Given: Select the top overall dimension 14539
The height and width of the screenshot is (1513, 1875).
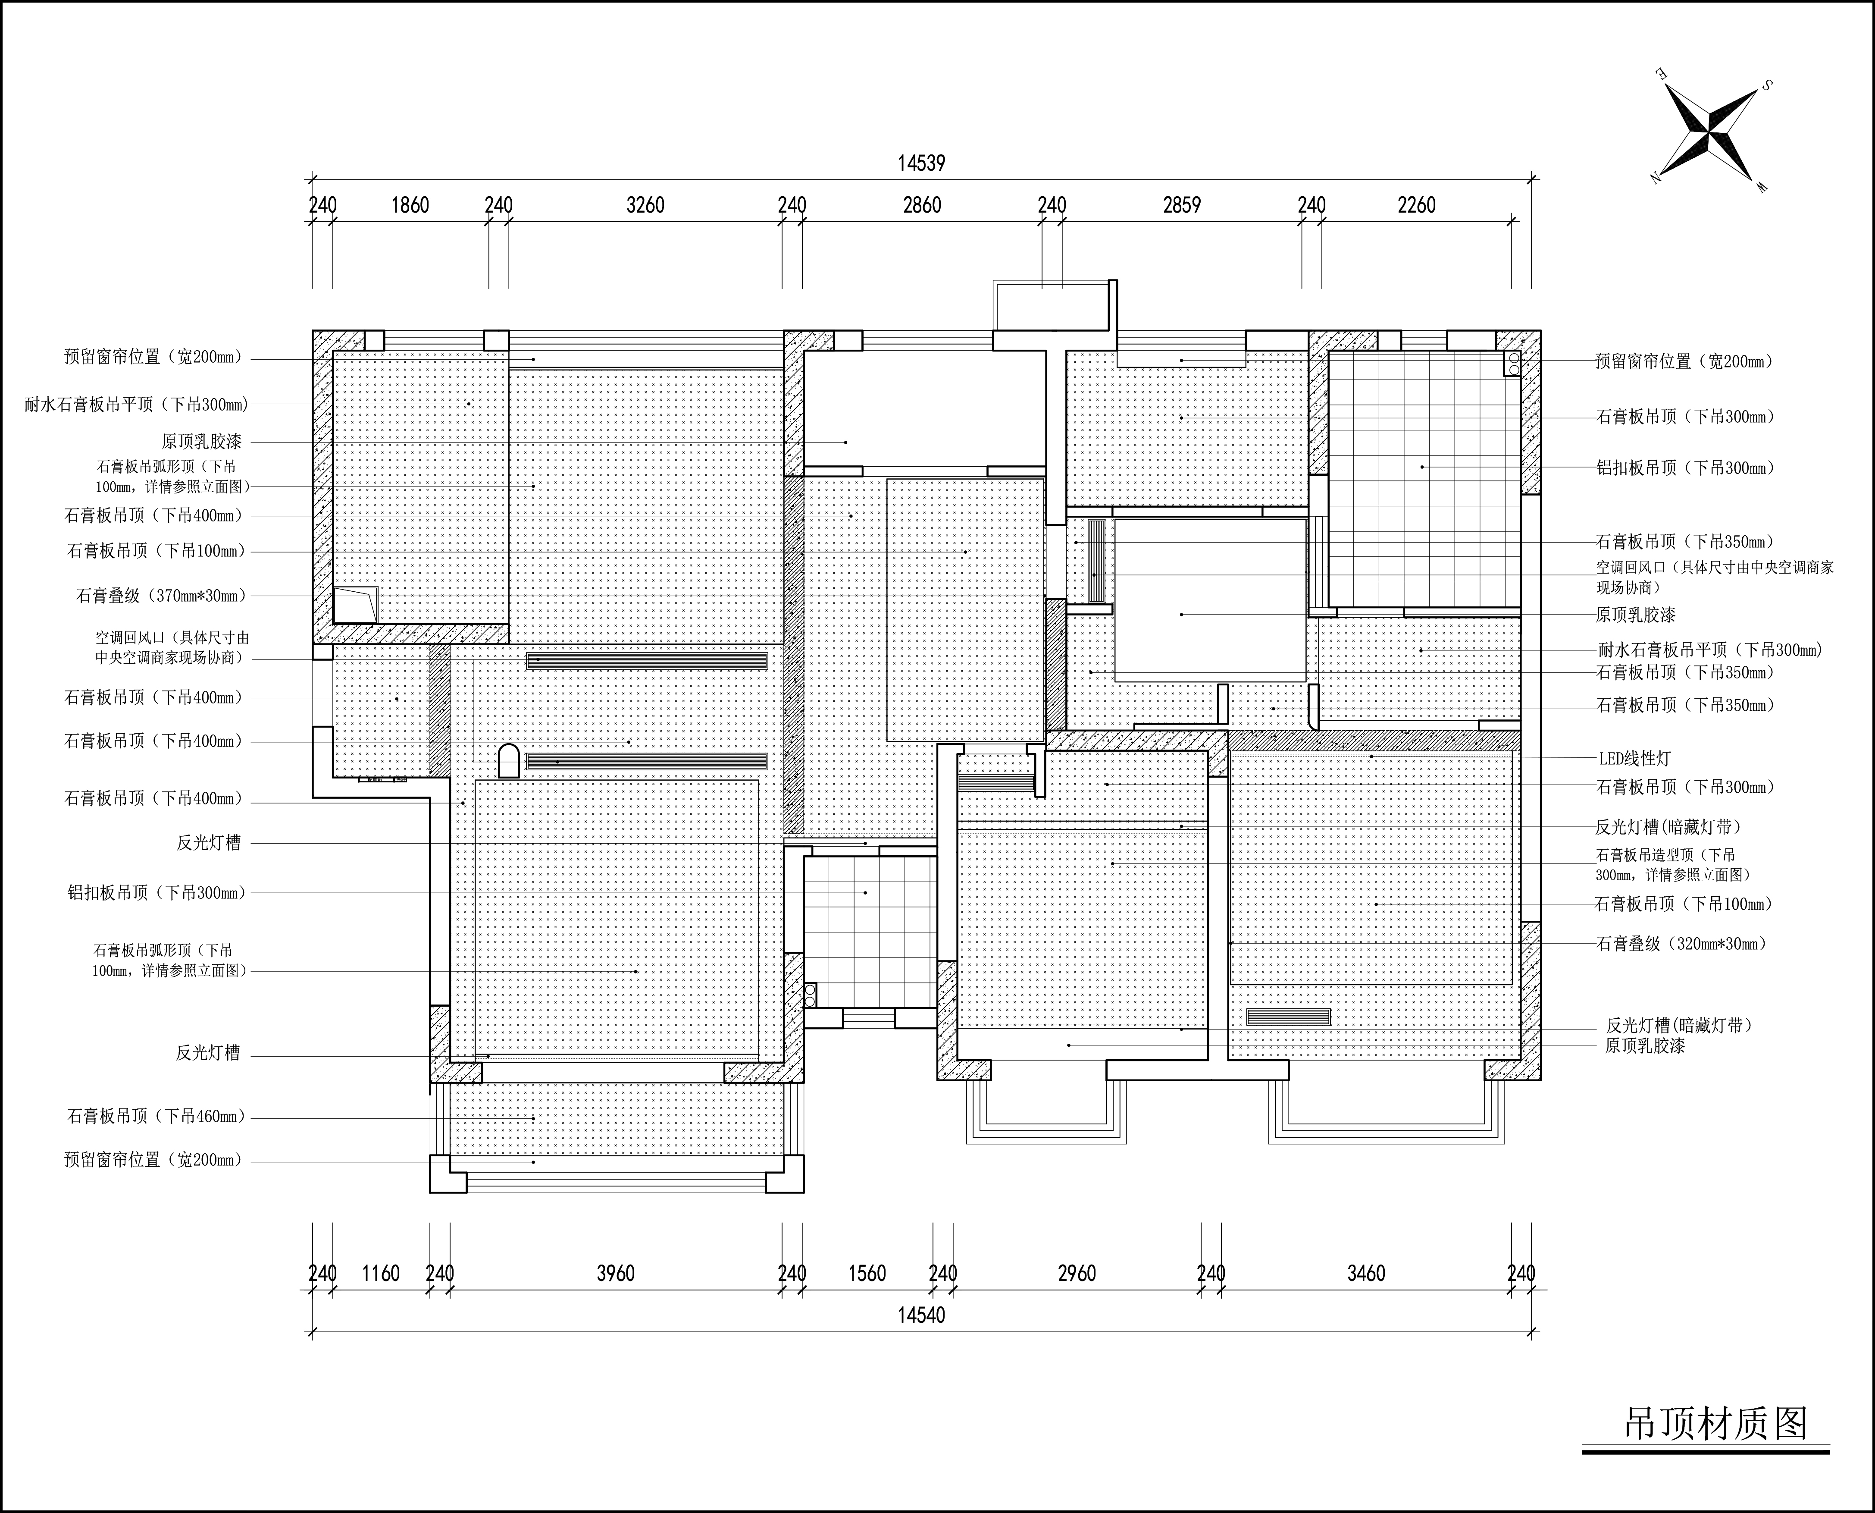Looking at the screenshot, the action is [x=922, y=163].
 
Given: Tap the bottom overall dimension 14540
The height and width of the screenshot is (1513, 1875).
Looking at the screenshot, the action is [x=922, y=1315].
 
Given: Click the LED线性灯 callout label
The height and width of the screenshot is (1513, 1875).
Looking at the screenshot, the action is [x=1634, y=759].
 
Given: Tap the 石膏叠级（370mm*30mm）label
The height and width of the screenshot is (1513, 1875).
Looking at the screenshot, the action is [x=162, y=596].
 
